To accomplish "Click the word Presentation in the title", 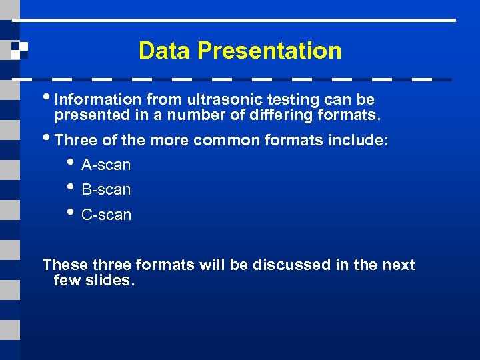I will point(269,51).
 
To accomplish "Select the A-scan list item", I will point(105,165).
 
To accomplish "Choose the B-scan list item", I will point(105,190).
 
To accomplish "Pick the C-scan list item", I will point(106,215).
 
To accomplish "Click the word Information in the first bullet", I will point(98,100).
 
